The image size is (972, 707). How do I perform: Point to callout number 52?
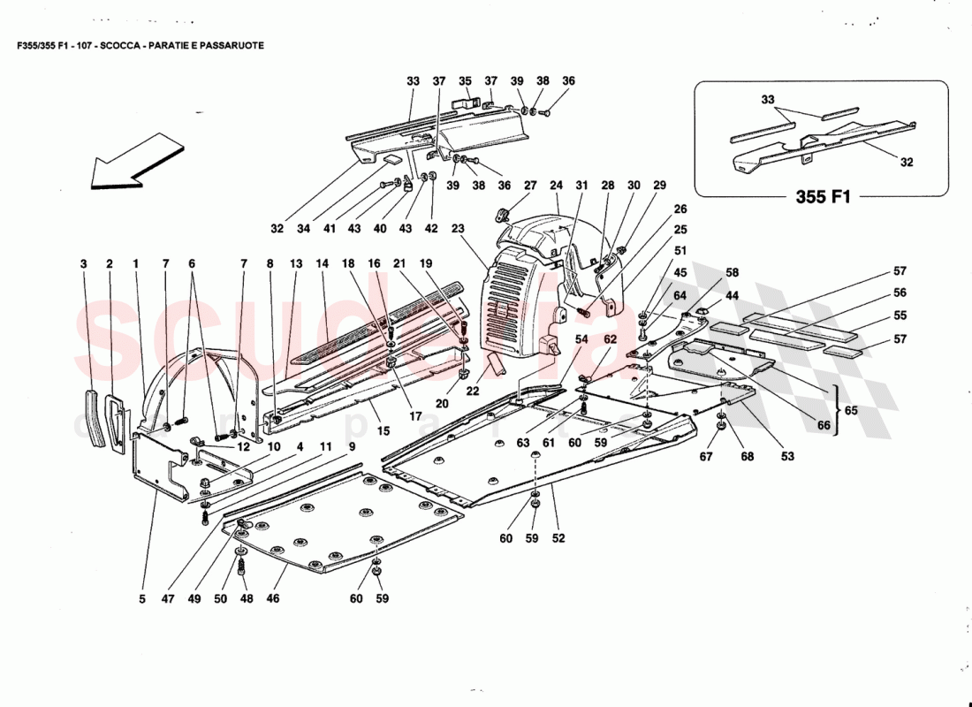[558, 538]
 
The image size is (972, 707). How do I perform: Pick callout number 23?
[458, 227]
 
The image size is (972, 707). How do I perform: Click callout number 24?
[556, 186]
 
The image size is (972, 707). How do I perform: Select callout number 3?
[83, 263]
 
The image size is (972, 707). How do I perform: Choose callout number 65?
[851, 411]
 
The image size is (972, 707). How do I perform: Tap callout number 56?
[899, 293]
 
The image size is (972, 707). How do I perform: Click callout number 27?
[529, 186]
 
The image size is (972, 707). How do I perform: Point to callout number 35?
[465, 81]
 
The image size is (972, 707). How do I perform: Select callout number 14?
[322, 263]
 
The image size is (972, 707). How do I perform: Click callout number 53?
[786, 457]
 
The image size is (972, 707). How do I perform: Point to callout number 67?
[706, 457]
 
